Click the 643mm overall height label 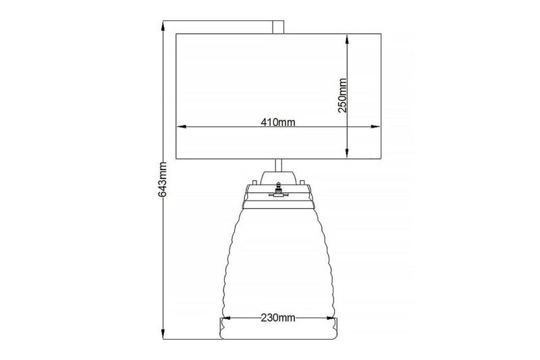[161, 180]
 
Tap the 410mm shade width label [278, 122]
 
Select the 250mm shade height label [342, 95]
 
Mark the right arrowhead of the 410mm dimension [376, 127]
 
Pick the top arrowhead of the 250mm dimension [347, 39]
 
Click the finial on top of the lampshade [277, 26]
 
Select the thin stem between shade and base [277, 165]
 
